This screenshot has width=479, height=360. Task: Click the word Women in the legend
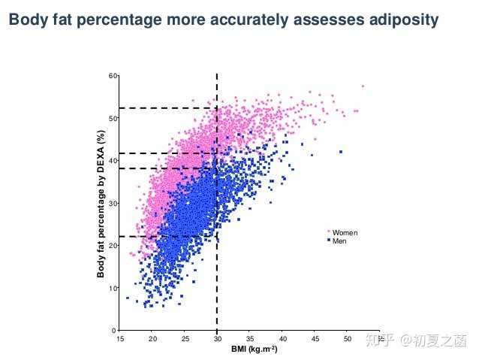click(x=345, y=233)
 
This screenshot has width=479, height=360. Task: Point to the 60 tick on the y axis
click(x=113, y=76)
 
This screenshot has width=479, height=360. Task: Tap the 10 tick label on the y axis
click(x=113, y=289)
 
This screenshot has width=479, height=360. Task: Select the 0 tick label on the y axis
click(x=115, y=331)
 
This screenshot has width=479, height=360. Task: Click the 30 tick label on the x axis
click(x=217, y=339)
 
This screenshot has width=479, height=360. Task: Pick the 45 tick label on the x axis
click(x=315, y=339)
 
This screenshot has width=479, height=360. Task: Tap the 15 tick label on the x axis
click(x=120, y=339)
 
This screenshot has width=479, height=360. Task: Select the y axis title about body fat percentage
click(x=100, y=203)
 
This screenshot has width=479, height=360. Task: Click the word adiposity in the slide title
click(x=401, y=20)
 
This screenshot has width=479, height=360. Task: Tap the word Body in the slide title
click(x=28, y=20)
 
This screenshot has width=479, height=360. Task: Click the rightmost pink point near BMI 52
click(x=363, y=86)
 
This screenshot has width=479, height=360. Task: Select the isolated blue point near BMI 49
click(x=341, y=152)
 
